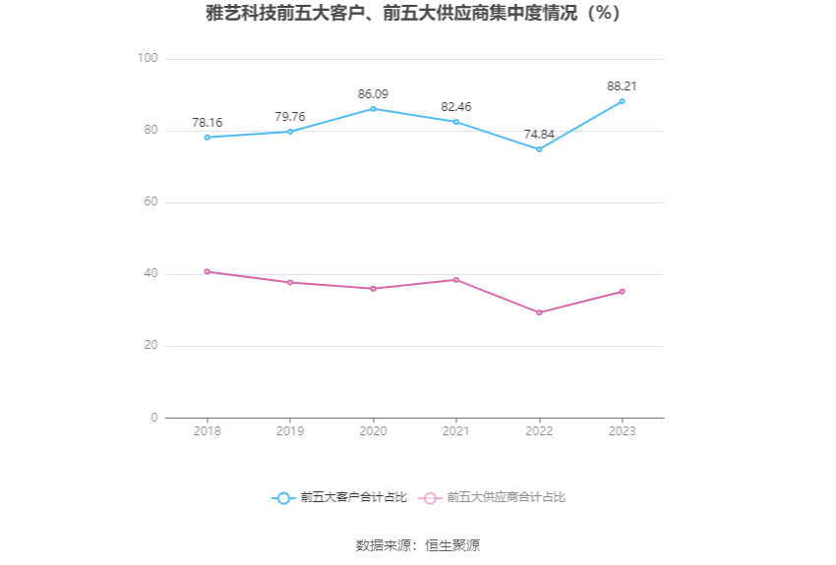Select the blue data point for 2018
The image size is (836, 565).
click(x=208, y=138)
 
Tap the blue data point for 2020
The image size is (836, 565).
click(x=373, y=109)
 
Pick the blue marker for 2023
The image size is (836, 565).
click(x=622, y=101)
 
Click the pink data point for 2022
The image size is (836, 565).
click(x=539, y=312)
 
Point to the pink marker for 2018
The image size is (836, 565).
click(x=208, y=271)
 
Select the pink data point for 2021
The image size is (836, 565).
click(x=456, y=280)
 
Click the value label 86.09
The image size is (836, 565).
click(x=373, y=94)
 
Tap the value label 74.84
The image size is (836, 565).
click(x=539, y=135)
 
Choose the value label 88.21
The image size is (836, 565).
click(x=622, y=86)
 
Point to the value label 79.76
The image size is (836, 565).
click(x=290, y=117)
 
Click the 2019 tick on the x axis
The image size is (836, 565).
click(x=290, y=431)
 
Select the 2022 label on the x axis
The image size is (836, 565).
click(x=539, y=431)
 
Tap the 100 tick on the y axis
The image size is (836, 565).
click(x=149, y=59)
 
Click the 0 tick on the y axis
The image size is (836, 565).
click(x=153, y=418)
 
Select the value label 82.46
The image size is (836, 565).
click(x=456, y=107)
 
